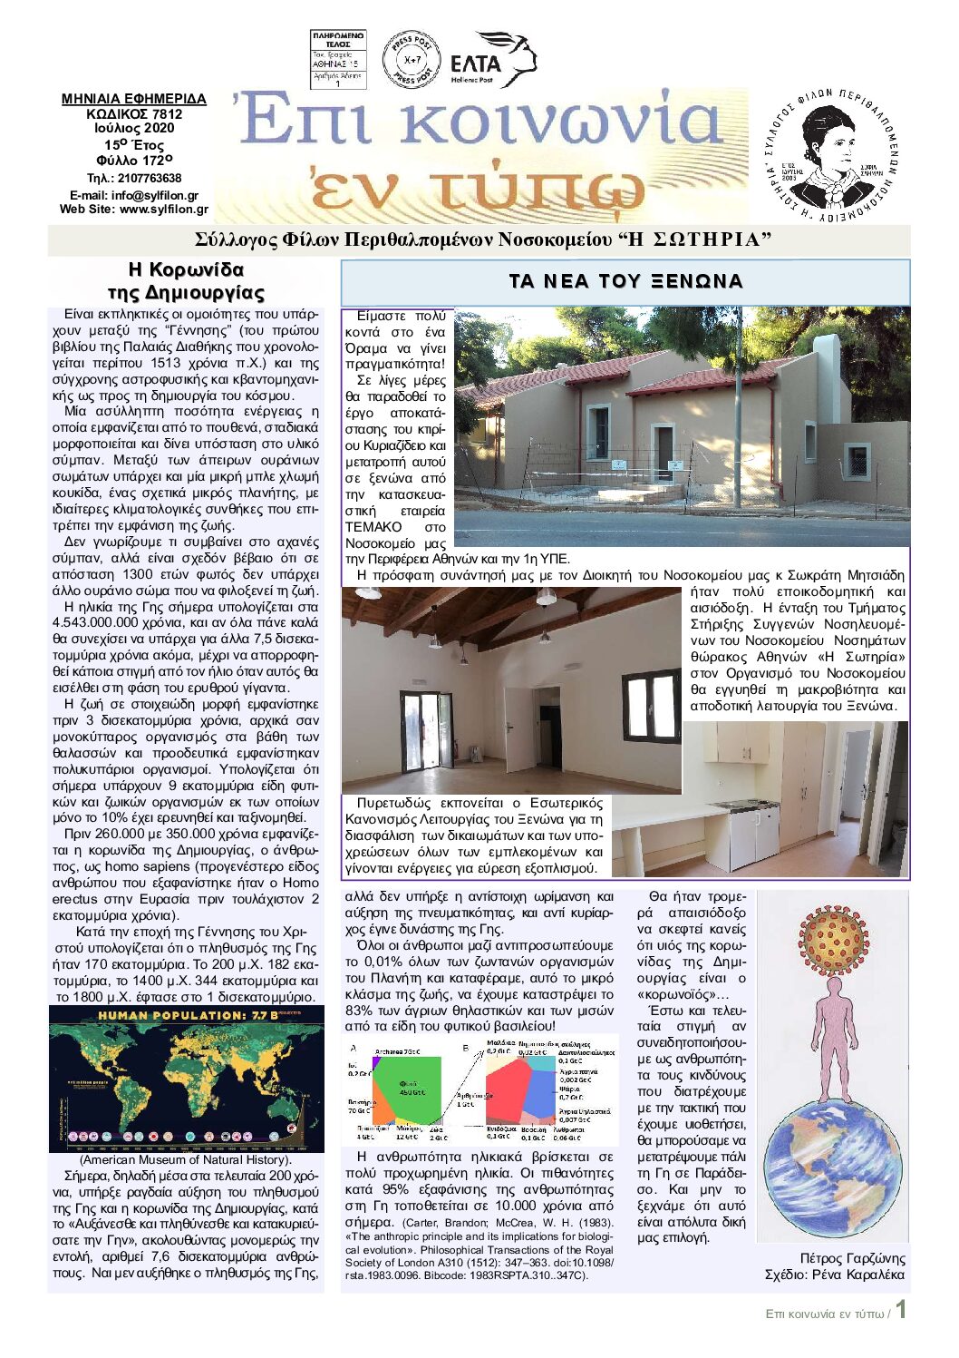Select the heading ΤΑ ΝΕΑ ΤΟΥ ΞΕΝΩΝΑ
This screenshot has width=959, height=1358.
point(625,281)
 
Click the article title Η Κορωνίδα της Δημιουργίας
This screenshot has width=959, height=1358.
point(186,281)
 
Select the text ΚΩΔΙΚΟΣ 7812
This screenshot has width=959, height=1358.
point(134,114)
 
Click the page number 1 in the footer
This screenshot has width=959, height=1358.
point(901,1310)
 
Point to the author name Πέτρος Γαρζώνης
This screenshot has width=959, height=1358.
point(852,1258)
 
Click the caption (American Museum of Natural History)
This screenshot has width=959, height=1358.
point(186,1159)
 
